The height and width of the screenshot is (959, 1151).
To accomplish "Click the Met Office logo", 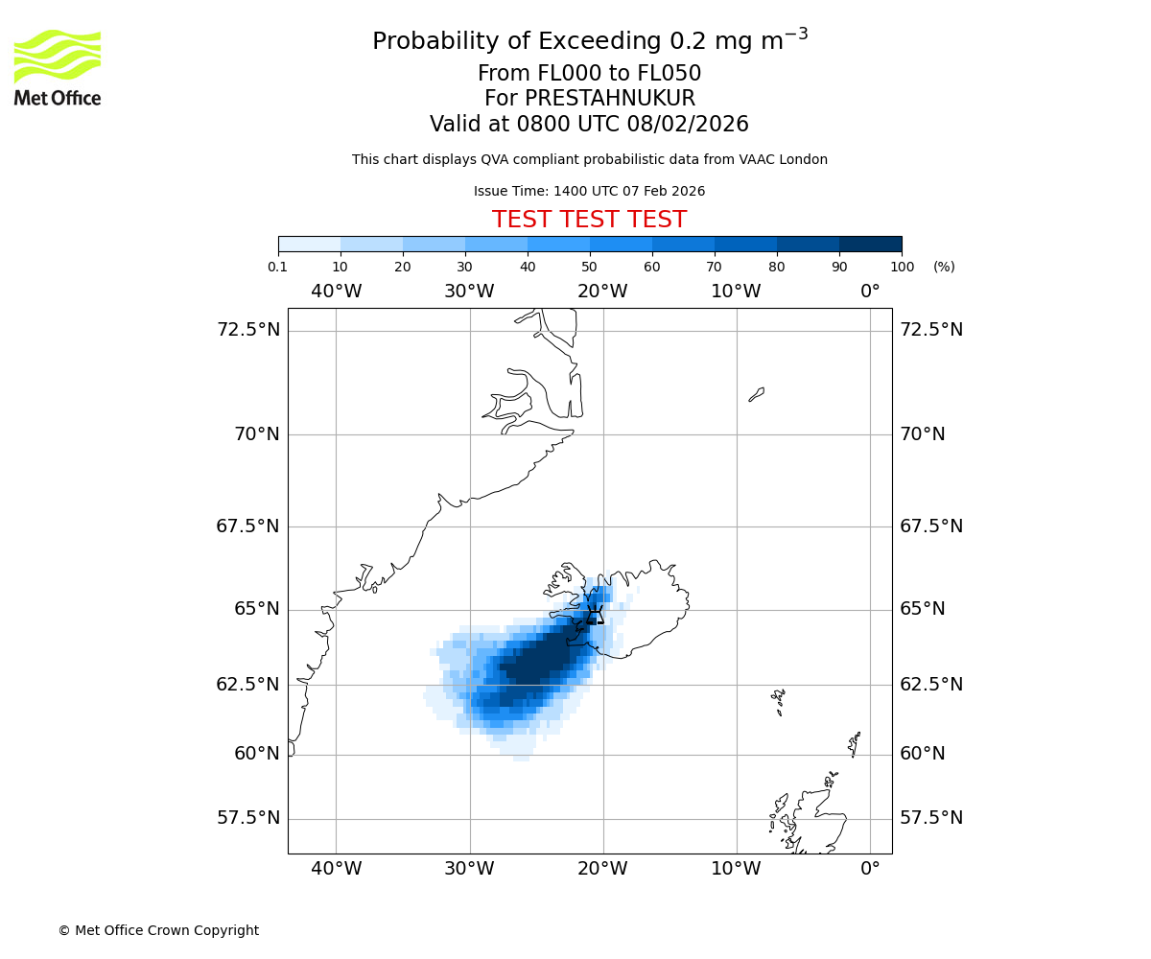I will (x=58, y=67).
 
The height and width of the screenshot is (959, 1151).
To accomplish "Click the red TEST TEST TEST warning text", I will (x=589, y=221).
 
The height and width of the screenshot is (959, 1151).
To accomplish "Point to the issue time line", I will (x=589, y=191).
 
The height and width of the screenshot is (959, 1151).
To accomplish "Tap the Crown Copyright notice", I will (x=158, y=930).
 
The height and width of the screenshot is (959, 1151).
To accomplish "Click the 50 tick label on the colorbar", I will (x=590, y=267).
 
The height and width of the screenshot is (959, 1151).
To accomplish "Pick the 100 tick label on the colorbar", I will (x=902, y=267).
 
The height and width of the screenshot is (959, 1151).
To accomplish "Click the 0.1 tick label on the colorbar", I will (x=278, y=267).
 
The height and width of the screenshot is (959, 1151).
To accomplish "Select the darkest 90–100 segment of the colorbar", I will (x=870, y=244).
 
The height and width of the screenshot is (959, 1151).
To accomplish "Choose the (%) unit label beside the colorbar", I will (x=944, y=267).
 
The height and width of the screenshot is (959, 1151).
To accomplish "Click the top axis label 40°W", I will (x=336, y=292).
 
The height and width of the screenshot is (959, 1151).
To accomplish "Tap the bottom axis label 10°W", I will (x=736, y=869).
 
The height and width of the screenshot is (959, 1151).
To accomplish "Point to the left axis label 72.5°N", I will (x=247, y=330).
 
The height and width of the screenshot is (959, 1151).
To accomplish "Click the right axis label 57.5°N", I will (x=931, y=818).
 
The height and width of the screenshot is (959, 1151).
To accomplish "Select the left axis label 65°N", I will (x=254, y=609).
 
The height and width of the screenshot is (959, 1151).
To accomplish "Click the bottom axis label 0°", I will (x=870, y=869).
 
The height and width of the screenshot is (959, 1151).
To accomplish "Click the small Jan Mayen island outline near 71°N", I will (x=757, y=394).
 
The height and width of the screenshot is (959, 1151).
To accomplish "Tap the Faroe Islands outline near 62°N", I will (x=779, y=701).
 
